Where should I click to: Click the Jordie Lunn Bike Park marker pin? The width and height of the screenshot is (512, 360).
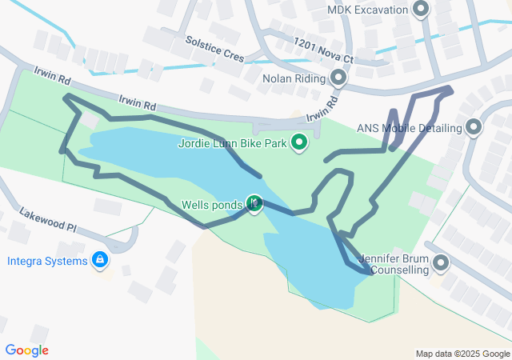pos(300,143)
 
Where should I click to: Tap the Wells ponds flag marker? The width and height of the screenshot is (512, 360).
pos(254,205)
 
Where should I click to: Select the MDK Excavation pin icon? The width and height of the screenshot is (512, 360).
pos(422,10)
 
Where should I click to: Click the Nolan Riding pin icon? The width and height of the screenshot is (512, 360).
pos(338,78)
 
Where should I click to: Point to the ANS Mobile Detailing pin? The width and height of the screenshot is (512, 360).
pos(474,127)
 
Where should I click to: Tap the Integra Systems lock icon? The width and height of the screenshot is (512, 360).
pos(99,260)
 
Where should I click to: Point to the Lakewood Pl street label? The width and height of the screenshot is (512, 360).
pos(48,219)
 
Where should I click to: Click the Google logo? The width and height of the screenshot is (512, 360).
pos(26,350)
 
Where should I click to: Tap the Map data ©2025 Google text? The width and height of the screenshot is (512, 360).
pos(462,354)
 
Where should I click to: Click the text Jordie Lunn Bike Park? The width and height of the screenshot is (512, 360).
pos(233,144)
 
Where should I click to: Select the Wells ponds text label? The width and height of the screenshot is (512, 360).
pos(211,206)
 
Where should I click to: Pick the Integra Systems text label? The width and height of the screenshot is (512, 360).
pos(47,261)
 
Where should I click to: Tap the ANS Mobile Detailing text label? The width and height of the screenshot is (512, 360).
pos(410,128)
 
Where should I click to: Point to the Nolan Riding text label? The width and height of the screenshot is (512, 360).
pos(294,78)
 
